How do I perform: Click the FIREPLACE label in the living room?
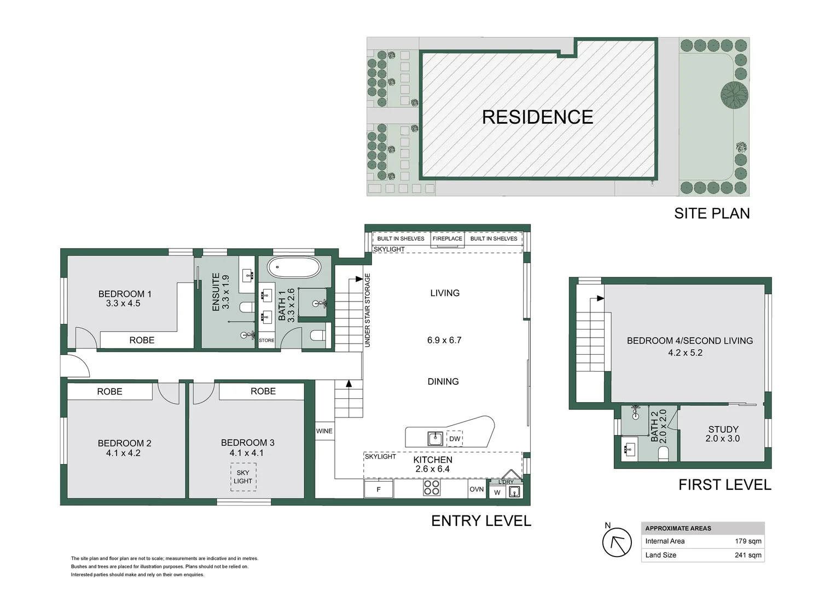click(447, 239)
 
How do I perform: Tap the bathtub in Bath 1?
click(294, 267)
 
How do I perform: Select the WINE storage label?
click(324, 431)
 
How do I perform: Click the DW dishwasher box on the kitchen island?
click(455, 439)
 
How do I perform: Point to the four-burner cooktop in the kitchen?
click(432, 488)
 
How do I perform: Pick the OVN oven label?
click(477, 489)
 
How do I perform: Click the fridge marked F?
click(379, 489)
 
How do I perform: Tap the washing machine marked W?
click(497, 493)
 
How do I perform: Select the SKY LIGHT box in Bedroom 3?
click(243, 477)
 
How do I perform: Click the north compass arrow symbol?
click(617, 542)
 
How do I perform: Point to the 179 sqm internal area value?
click(748, 541)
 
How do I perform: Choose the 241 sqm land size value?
click(748, 555)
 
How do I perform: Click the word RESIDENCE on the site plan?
click(537, 117)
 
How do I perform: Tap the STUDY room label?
click(723, 430)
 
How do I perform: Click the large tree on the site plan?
click(734, 95)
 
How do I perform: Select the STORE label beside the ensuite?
click(266, 340)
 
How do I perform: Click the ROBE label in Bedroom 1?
click(142, 340)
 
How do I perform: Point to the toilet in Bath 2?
click(663, 454)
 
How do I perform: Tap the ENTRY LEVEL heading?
click(481, 521)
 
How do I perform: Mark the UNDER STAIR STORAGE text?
click(368, 310)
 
